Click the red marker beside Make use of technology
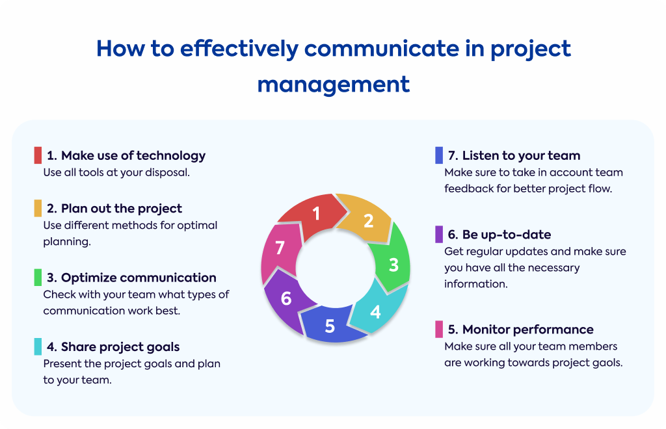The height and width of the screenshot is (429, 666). [38, 155]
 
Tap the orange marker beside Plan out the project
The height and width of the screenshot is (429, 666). [38, 209]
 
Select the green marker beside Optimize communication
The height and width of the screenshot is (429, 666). [38, 278]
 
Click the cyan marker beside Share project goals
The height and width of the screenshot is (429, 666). [38, 346]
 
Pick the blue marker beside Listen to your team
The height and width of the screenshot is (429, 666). [439, 155]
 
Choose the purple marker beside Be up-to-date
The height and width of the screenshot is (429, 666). [439, 235]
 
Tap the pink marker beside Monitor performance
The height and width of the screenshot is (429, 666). [439, 330]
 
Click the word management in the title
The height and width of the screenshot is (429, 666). [334, 84]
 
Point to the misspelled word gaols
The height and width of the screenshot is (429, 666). [607, 363]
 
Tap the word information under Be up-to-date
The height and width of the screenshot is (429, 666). [475, 284]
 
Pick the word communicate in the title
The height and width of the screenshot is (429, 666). [381, 48]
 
